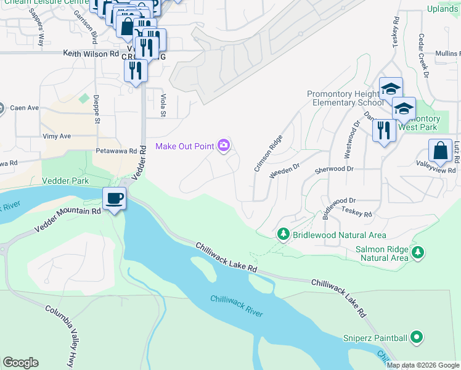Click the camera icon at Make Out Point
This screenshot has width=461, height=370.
(224, 146)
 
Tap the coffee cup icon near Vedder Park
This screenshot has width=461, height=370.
(115, 199)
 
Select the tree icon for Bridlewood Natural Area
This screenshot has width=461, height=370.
(283, 234)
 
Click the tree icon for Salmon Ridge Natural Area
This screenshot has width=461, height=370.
(418, 252)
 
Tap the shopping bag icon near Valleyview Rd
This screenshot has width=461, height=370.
(440, 151)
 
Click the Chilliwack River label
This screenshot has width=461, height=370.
(237, 306)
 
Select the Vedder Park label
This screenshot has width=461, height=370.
(65, 181)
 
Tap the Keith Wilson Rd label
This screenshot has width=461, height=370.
(91, 54)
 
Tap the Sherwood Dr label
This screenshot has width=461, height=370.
(333, 168)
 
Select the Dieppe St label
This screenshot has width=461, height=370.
(97, 109)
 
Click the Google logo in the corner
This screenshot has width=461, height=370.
(20, 363)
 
